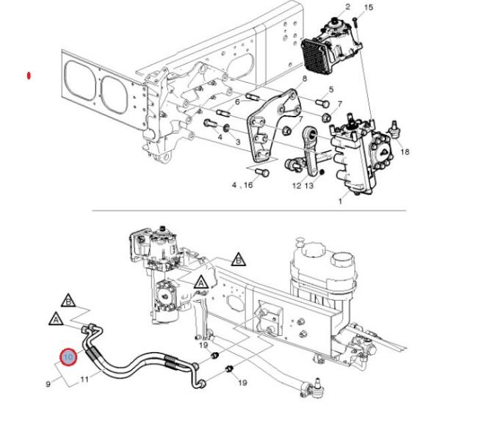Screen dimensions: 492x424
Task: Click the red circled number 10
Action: click(x=68, y=357)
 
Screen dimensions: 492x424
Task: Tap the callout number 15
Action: click(x=369, y=7)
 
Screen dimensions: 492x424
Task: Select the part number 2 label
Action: click(x=347, y=7)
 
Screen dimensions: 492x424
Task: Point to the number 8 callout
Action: click(x=304, y=78)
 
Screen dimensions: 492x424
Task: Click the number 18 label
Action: click(x=405, y=152)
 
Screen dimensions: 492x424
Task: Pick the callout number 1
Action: click(x=341, y=200)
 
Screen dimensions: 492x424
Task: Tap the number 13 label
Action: click(x=309, y=186)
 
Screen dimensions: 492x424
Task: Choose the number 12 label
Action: click(x=297, y=186)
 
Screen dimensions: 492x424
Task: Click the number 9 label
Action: click(x=48, y=384)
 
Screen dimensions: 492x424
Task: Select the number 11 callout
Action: click(x=84, y=379)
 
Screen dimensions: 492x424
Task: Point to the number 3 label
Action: click(x=238, y=142)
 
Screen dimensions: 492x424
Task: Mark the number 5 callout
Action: click(x=331, y=89)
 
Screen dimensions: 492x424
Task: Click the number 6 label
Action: click(x=237, y=102)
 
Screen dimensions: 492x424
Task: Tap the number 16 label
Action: click(x=248, y=185)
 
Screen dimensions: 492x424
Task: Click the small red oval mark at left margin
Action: click(x=29, y=76)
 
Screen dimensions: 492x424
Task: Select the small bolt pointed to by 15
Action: click(x=355, y=22)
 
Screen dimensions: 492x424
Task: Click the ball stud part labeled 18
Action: click(x=394, y=129)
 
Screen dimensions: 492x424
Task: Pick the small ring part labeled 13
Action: click(x=321, y=172)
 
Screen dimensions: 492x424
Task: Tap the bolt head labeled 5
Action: click(x=322, y=103)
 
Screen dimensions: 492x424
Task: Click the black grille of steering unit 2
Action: click(x=315, y=56)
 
